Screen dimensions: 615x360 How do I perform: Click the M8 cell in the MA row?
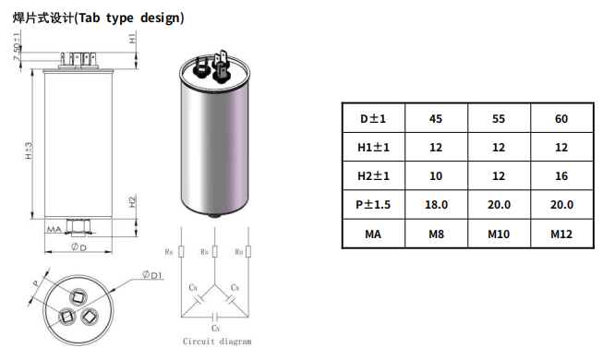436,234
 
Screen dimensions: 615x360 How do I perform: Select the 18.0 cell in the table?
436,205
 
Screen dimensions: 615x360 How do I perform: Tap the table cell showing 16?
561,176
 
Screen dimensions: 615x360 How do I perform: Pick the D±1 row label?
373,118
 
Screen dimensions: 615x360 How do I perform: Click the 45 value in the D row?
436,118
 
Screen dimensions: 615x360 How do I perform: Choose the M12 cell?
561,234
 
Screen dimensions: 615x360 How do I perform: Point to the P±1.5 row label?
373,205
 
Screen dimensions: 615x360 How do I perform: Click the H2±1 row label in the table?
373,176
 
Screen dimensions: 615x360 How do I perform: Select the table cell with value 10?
436,176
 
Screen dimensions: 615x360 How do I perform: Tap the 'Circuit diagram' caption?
217,342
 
